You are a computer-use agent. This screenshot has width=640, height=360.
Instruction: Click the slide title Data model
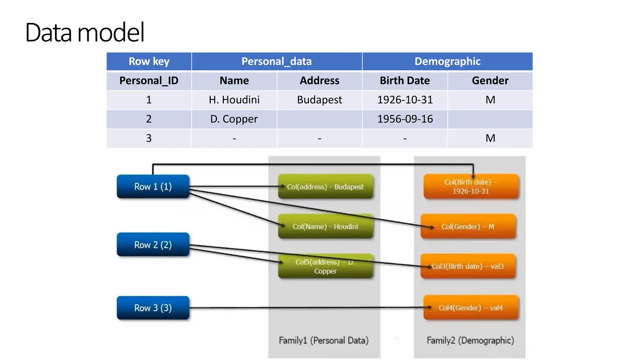[x=85, y=32]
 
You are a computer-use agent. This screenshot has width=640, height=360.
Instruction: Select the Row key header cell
[x=149, y=61]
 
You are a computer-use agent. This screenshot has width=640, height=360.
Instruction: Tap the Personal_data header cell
[x=277, y=61]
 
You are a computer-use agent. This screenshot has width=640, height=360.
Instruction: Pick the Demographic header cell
[x=447, y=61]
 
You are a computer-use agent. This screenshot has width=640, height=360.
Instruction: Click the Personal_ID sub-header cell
[x=149, y=81]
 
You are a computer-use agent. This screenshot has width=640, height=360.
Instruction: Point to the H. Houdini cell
[x=234, y=100]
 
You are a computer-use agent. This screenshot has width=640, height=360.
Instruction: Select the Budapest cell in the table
[x=319, y=100]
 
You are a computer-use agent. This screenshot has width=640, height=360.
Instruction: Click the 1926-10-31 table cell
[x=405, y=100]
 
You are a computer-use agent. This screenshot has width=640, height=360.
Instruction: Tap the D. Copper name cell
[x=234, y=119]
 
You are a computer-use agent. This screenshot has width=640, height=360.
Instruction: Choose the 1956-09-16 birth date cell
[x=405, y=119]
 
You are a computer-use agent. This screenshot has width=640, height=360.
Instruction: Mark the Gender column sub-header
[x=490, y=81]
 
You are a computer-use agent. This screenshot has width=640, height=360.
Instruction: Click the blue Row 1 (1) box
[x=153, y=187]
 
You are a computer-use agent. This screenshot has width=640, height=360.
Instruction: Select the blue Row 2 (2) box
[x=153, y=245]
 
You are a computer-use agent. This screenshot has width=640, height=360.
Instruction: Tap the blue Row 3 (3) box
[x=153, y=308]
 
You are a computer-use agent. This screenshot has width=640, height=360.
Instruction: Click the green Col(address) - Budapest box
[x=325, y=187]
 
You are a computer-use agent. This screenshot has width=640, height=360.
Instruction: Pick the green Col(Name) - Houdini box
[x=325, y=227]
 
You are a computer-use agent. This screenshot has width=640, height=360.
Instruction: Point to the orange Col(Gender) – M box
[x=468, y=227]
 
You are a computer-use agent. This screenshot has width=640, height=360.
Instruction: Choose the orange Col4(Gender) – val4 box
[x=471, y=308]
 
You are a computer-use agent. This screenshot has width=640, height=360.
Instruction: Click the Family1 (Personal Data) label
[x=323, y=340]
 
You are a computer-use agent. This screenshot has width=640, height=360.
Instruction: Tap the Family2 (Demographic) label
[x=470, y=340]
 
